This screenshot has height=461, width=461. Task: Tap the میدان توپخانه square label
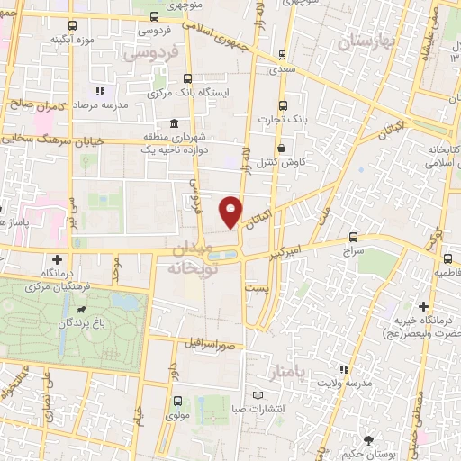[x=201, y=258]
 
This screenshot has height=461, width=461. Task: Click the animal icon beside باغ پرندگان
[x=82, y=315]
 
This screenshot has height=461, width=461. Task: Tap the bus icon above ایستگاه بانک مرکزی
[x=187, y=77]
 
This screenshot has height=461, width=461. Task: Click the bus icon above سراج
[x=352, y=239]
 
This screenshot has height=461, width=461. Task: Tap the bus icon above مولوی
[x=176, y=402]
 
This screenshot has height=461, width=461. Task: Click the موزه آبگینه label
[x=71, y=40]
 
